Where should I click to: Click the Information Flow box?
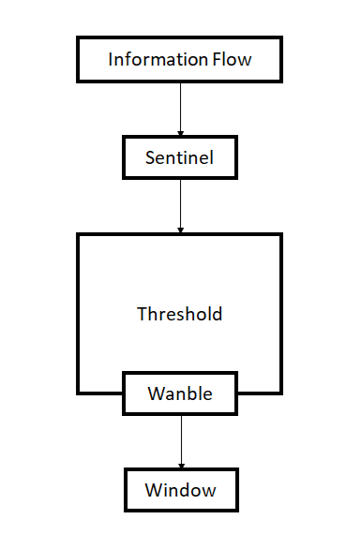180,61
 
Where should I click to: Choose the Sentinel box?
180,158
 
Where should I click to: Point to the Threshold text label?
180,314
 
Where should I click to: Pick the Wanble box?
180,394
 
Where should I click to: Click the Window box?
180,490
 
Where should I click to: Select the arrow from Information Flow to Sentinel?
180,108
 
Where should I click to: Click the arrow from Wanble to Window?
180,441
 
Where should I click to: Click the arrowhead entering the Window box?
180,465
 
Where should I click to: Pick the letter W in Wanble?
156,394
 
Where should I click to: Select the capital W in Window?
153,490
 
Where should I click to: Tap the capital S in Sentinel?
150,158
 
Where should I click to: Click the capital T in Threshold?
142,314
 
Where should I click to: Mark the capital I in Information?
111,61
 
